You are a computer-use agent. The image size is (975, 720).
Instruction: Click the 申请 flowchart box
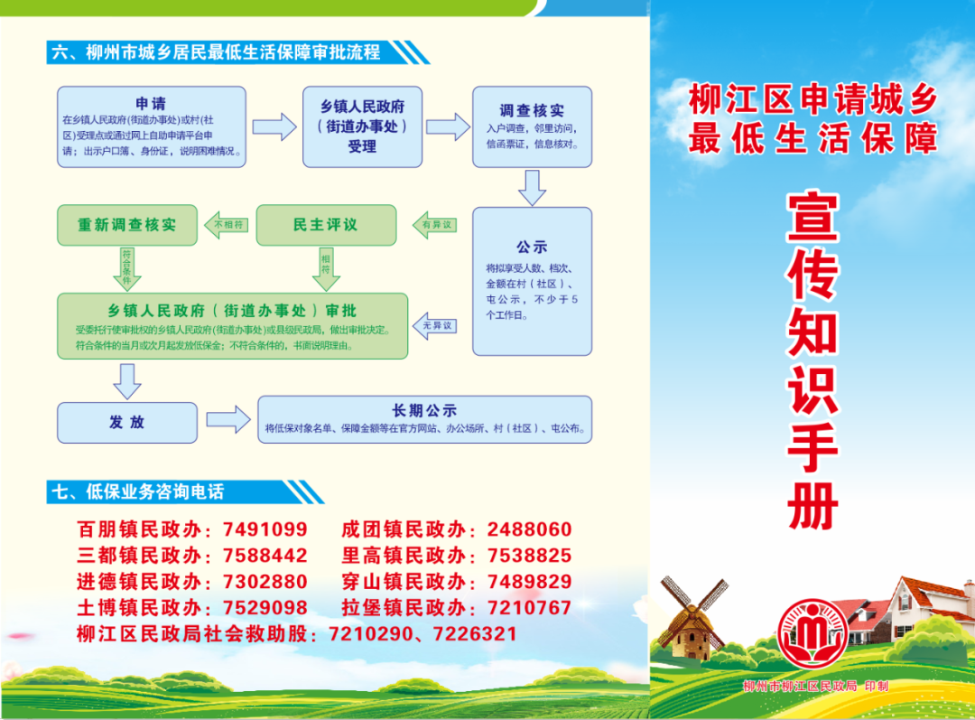(151, 127)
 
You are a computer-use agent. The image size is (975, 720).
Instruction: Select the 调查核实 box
(532, 127)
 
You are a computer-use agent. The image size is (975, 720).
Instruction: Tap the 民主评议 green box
(326, 225)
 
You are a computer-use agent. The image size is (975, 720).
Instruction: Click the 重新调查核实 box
(127, 225)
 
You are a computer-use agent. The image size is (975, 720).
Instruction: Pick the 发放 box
(127, 423)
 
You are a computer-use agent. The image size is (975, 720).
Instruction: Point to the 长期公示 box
(424, 419)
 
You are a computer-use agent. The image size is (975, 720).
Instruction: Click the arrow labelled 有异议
(434, 225)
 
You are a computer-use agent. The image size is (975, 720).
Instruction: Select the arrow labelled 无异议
(434, 325)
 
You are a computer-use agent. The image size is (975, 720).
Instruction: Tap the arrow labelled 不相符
(227, 225)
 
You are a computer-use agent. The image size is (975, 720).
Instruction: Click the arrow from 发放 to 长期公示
(228, 419)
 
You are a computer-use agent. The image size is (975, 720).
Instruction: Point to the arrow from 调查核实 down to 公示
(533, 187)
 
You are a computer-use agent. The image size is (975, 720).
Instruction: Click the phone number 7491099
(265, 529)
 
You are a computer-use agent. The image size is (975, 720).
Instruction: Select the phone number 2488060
(529, 529)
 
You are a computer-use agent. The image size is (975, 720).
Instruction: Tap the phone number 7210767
(529, 607)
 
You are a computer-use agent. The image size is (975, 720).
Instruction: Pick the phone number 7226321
(475, 633)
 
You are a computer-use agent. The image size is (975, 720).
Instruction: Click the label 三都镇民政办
(139, 555)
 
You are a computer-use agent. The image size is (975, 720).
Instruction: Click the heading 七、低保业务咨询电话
(138, 491)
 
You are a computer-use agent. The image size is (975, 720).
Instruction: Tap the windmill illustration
(692, 618)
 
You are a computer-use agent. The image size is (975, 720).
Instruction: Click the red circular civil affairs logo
(812, 633)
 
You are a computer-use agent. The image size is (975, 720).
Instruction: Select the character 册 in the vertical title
(812, 506)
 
